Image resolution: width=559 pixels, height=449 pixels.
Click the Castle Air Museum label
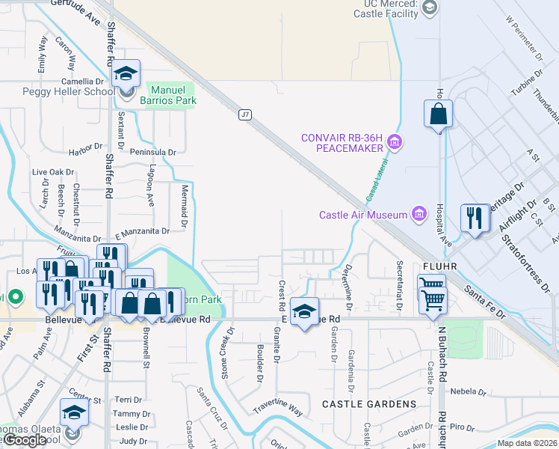point(363,216)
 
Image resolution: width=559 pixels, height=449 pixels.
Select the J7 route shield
point(245,114)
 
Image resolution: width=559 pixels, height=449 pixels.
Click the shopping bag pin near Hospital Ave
point(438,115)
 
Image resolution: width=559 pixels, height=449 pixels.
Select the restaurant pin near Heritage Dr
point(474,218)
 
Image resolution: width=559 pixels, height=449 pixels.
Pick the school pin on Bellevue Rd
point(304,311)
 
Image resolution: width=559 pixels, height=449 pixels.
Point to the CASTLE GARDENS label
point(369,404)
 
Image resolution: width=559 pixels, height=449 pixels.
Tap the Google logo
point(25,440)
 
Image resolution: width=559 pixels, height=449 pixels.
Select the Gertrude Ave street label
point(75,9)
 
